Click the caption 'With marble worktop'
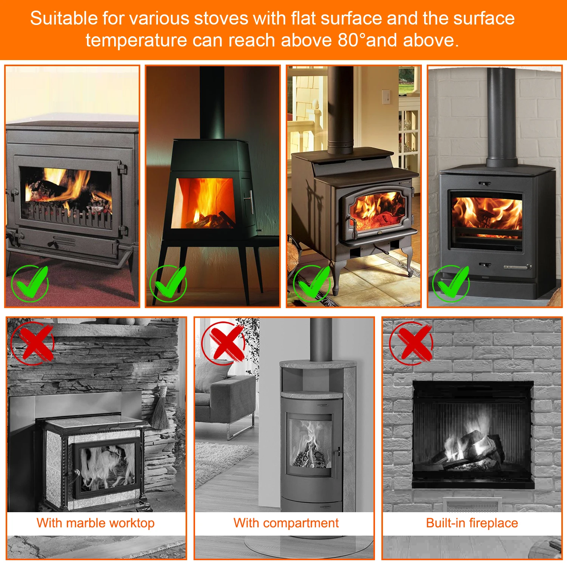[96, 523]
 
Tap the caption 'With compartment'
[286, 523]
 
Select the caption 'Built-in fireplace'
[472, 523]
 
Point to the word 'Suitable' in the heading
[64, 18]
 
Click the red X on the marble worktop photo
[33, 343]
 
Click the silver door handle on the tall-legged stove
[249, 202]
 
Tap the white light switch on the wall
[386, 96]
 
